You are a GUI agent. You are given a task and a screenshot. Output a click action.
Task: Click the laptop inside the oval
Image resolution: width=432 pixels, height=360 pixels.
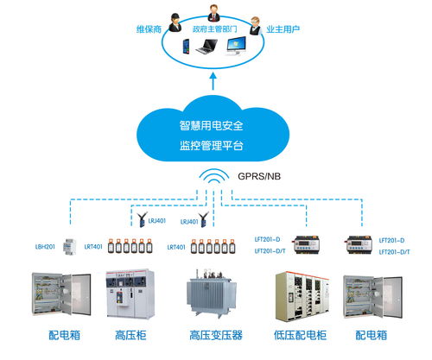pyautogui.click(x=206, y=48)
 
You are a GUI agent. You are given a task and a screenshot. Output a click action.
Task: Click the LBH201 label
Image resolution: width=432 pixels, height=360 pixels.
pyautogui.click(x=47, y=248)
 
